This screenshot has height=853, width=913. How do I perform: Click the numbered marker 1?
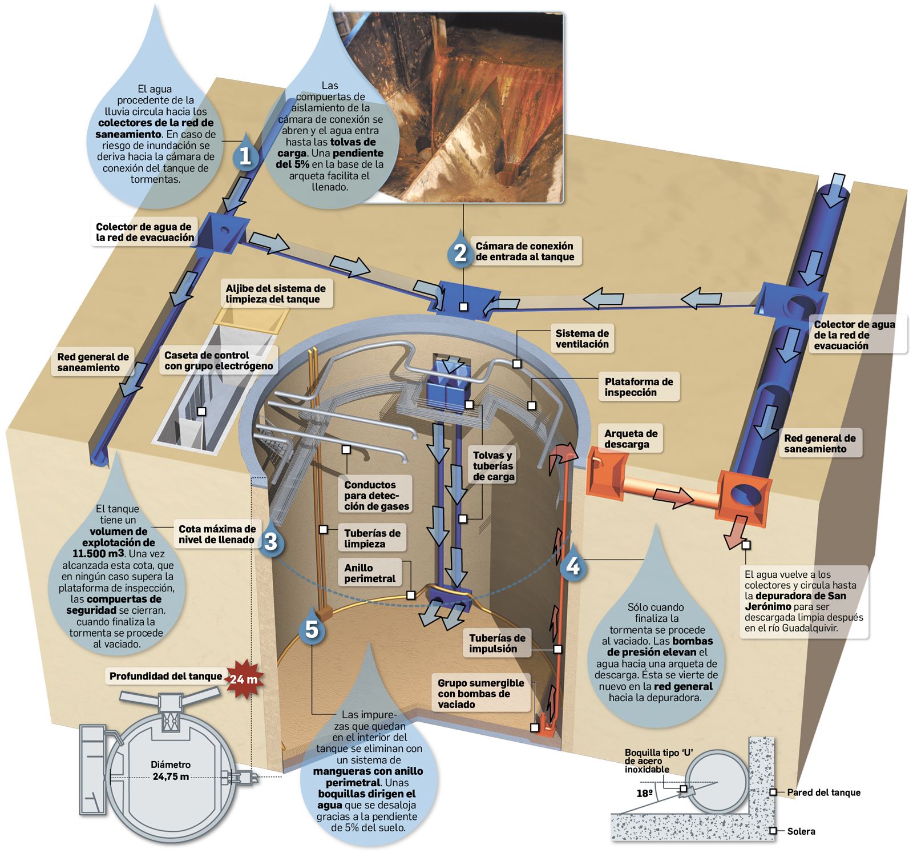pyautogui.click(x=245, y=156)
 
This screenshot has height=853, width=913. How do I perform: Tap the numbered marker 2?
pyautogui.click(x=460, y=252)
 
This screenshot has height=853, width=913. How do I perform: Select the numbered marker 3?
pyautogui.click(x=270, y=541)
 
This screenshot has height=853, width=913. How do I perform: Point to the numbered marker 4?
pyautogui.click(x=573, y=566)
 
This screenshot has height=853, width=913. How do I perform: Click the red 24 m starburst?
pyautogui.click(x=244, y=679)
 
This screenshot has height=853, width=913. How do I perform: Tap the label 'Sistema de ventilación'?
pyautogui.click(x=582, y=339)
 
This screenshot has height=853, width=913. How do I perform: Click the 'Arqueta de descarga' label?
pyautogui.click(x=631, y=439)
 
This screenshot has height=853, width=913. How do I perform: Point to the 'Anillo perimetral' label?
pyautogui.click(x=370, y=573)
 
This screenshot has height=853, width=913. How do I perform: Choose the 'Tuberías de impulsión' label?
pyautogui.click(x=497, y=643)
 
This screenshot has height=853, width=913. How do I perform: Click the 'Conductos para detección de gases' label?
pyautogui.click(x=377, y=495)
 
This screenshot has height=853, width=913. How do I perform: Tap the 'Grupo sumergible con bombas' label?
pyautogui.click(x=480, y=694)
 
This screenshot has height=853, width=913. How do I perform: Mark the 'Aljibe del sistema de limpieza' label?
pyautogui.click(x=275, y=294)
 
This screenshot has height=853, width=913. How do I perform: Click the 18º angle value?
pyautogui.click(x=644, y=793)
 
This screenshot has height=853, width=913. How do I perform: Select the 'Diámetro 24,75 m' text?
pyautogui.click(x=171, y=770)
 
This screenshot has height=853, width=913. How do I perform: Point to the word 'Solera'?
pyautogui.click(x=801, y=831)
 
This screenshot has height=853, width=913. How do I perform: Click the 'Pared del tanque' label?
pyautogui.click(x=823, y=792)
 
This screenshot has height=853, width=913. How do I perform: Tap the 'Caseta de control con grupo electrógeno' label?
pyautogui.click(x=219, y=360)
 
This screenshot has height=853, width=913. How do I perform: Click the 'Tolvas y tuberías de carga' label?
pyautogui.click(x=493, y=466)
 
